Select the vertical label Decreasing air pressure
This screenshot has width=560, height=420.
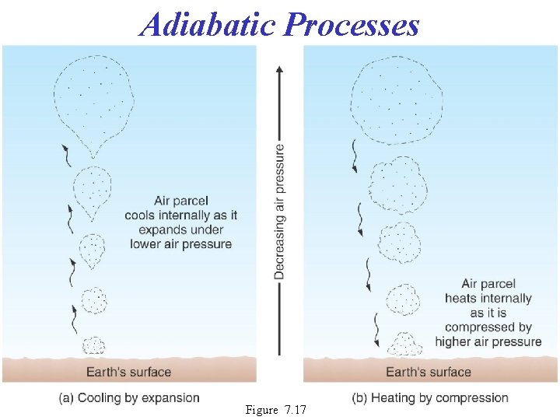[x=278, y=212]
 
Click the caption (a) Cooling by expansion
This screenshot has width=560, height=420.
[x=129, y=397]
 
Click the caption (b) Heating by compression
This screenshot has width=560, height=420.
[x=430, y=397]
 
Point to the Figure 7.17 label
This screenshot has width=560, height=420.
[x=275, y=409]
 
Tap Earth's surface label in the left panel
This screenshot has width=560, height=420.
[x=128, y=372]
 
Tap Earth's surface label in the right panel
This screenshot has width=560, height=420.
[x=429, y=372]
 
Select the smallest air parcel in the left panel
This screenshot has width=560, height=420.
[x=94, y=345]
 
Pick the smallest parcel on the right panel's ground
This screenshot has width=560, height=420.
[x=404, y=343]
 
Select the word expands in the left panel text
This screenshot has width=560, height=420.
[x=159, y=230]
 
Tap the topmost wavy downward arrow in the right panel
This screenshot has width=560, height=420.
[x=354, y=156]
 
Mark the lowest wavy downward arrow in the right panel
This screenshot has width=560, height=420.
[x=375, y=330]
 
